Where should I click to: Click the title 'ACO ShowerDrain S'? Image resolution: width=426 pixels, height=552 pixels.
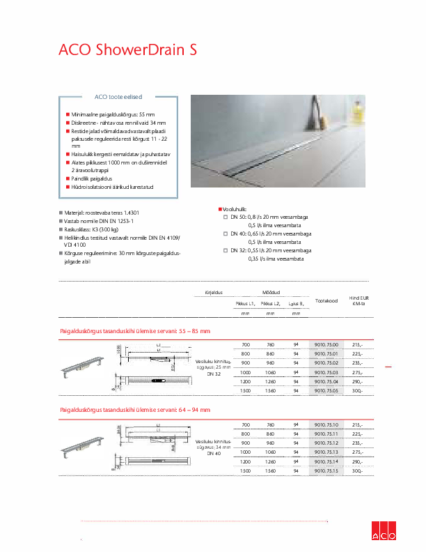[127, 49]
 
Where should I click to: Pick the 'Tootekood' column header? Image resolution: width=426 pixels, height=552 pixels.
[326, 300]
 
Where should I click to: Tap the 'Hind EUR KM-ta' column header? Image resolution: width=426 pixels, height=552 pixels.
[358, 300]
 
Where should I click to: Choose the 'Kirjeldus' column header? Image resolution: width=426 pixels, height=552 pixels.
[212, 293]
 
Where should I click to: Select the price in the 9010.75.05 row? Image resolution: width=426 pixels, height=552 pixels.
[358, 392]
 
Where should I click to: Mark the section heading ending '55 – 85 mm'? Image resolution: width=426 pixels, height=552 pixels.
[135, 330]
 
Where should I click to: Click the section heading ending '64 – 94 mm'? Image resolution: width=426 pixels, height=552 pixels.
[135, 410]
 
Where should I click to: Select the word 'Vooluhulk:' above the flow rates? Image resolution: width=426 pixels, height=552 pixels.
[237, 208]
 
